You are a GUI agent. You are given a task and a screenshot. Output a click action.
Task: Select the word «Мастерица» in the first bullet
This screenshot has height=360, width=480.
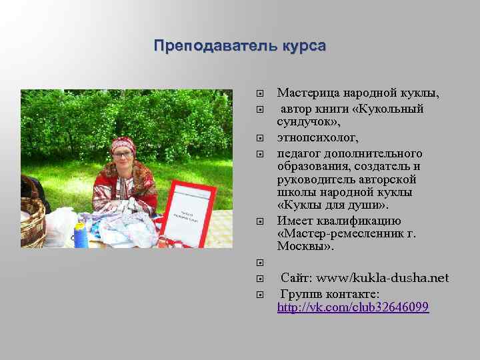click(x=307, y=93)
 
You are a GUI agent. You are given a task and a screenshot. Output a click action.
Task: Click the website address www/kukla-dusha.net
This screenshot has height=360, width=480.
click(x=382, y=278)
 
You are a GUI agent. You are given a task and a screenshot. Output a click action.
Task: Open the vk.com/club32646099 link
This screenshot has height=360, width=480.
click(x=353, y=307)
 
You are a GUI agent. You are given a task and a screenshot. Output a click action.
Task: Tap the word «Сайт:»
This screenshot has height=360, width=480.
click(x=297, y=278)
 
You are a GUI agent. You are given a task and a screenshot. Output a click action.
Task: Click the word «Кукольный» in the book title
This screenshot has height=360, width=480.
click(x=393, y=109)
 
